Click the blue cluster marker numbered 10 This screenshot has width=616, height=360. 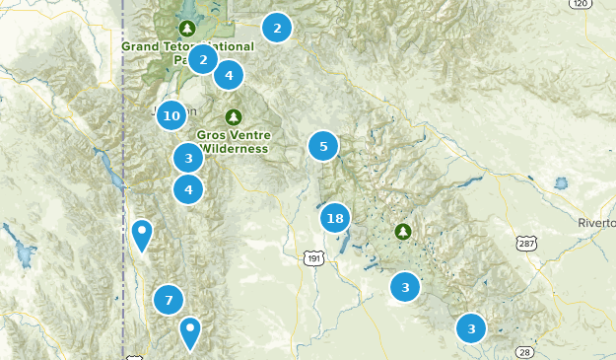[x=171, y=115]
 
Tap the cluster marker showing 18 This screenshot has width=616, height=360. [x=335, y=218]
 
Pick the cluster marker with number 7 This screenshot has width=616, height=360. [x=169, y=300]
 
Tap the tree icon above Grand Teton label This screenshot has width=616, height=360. [x=186, y=27]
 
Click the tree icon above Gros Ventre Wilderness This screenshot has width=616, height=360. [x=234, y=116]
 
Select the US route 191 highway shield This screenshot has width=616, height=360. [x=313, y=257]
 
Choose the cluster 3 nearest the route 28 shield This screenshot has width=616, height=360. [x=471, y=328]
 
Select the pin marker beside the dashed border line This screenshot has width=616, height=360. [x=143, y=235]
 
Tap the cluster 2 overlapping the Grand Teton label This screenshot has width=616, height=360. [x=202, y=59]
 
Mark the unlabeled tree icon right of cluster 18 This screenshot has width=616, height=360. [x=403, y=232]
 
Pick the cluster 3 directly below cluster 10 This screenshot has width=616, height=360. [x=188, y=157]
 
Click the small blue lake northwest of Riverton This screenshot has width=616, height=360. [x=561, y=183]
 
